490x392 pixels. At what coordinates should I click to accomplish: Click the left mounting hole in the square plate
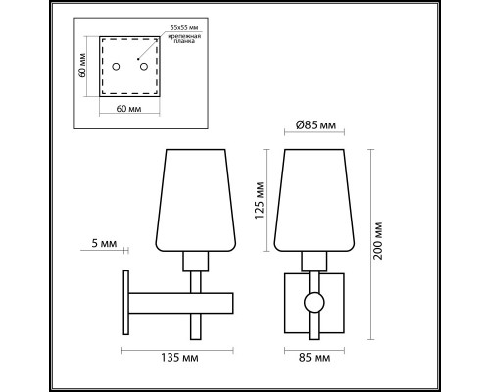pyautogui.click(x=116, y=68)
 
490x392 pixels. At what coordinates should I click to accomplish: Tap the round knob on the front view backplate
pyautogui.click(x=314, y=304)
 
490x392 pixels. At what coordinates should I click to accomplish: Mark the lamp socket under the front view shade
pyautogui.click(x=314, y=260)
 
